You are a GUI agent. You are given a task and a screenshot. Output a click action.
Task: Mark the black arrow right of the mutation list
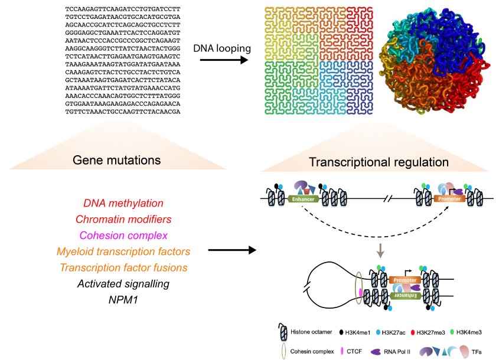[231, 250]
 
